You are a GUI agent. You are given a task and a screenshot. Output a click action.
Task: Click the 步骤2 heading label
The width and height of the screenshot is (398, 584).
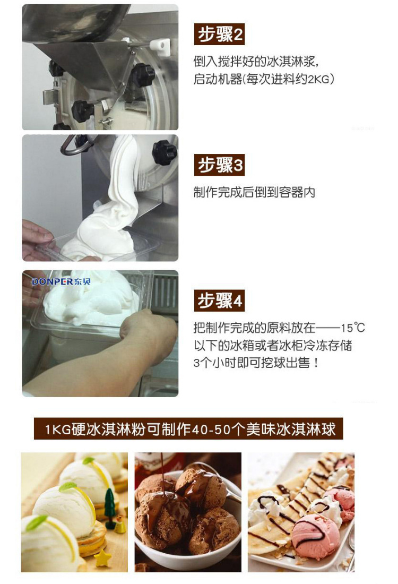219,35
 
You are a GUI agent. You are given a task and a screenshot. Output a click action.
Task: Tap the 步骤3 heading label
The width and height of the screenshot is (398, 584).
219,165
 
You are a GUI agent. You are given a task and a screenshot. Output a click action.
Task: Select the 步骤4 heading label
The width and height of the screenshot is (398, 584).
219,300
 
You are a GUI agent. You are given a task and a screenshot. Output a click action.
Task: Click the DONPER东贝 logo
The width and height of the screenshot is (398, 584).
61,281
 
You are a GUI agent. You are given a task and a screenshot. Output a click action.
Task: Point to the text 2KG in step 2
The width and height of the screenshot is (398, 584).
318,79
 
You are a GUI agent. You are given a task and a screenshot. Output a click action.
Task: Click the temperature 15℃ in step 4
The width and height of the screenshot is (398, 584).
352,328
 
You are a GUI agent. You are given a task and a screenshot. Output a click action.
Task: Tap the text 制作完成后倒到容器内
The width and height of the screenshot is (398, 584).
254,192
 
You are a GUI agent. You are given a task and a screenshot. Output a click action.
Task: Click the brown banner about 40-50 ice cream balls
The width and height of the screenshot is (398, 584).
188,428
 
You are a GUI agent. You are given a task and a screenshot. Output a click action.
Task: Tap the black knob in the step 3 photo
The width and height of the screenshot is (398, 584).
164,152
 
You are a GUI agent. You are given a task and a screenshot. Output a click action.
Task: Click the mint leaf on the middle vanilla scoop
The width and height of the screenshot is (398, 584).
68,486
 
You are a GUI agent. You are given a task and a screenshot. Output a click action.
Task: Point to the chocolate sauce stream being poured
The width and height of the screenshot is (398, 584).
163,474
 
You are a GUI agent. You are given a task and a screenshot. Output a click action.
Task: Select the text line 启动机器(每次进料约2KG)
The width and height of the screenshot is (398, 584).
264,79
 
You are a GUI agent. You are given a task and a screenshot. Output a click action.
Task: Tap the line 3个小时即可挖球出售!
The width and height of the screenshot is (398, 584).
256,363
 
